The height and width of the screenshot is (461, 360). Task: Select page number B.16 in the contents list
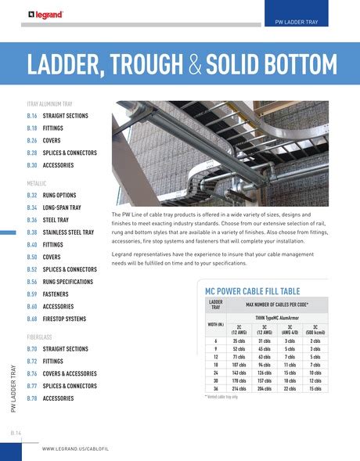(32, 115)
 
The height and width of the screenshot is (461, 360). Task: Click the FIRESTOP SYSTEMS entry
(64, 319)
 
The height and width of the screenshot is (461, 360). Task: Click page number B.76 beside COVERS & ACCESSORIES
(32, 373)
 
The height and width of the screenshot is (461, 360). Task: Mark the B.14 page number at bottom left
(16, 432)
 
